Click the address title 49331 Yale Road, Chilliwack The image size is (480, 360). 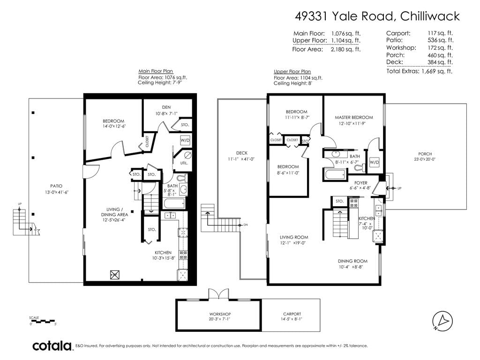pos(377,16)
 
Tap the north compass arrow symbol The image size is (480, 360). pos(442,321)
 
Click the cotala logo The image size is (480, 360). pos(52,346)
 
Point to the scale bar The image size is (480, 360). pos(42,321)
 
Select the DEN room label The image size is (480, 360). pos(166,107)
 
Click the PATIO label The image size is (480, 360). pos(56,186)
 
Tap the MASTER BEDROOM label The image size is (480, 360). pos(353,117)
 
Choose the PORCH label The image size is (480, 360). pos(425,154)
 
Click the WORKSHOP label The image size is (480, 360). pos(220,314)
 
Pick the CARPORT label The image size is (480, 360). pos(292,314)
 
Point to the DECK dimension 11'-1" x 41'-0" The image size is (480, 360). pos(241,159)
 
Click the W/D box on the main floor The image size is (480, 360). pos(185,140)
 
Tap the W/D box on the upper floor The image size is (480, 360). pos(374,162)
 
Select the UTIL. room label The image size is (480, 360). pos(184,163)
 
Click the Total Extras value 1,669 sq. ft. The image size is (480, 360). pos(437,71)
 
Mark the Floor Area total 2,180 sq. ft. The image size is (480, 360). pos(345,49)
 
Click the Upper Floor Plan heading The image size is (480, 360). pos(292,72)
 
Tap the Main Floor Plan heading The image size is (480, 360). pos(156,71)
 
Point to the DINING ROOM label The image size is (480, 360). pos(352,261)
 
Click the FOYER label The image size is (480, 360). pos(360,183)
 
